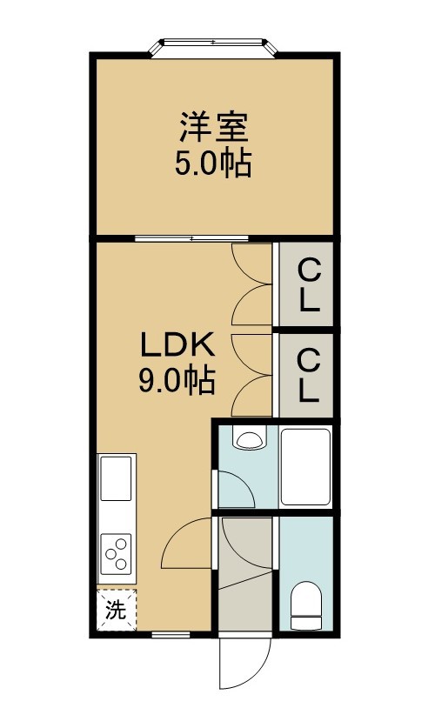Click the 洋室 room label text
click(214, 127)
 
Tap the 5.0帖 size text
click(213, 164)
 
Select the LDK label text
click(177, 345)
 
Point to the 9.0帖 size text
click(177, 382)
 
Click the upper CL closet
click(306, 284)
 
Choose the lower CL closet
click(306, 376)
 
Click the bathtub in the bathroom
click(305, 466)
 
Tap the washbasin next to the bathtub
click(248, 439)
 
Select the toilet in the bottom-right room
click(305, 605)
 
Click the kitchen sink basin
click(116, 478)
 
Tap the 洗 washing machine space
click(117, 610)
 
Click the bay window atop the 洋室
click(212, 47)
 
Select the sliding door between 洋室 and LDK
click(191, 238)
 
